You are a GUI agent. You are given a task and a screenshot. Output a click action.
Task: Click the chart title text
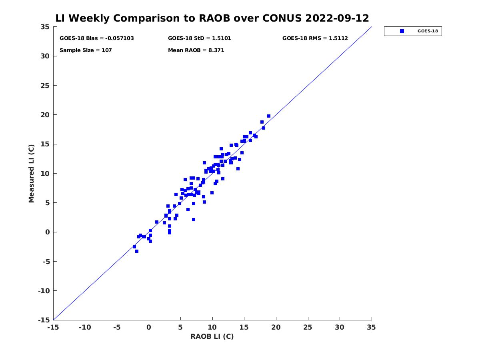tap(212, 18)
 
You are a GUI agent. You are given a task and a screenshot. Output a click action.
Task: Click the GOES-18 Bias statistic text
tap(97, 38)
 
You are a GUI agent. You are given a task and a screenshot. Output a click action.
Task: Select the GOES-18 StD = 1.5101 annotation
tap(200, 38)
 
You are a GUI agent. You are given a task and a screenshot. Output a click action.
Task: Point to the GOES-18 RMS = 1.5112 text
tap(315, 38)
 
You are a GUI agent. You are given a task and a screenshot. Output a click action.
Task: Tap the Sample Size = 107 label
tap(86, 50)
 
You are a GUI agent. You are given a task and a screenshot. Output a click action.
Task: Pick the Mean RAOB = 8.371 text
tap(196, 50)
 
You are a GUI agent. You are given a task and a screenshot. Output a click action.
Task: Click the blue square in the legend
tap(402, 31)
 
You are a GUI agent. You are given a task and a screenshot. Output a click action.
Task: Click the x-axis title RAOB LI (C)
tap(212, 336)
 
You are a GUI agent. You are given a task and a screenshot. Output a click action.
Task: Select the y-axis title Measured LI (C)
tap(31, 173)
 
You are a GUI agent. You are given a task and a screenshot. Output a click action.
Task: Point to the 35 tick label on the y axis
tap(45, 27)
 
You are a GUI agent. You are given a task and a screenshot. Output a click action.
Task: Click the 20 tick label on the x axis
tap(276, 327)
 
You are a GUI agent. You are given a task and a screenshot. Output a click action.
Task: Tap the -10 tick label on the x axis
tap(85, 327)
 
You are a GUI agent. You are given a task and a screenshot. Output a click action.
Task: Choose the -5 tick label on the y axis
tap(46, 262)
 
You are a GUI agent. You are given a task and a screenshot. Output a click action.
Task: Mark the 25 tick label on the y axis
tap(45, 86)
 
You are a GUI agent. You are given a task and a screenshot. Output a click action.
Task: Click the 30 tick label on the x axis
tap(339, 327)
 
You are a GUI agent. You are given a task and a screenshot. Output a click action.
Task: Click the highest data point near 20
tap(269, 116)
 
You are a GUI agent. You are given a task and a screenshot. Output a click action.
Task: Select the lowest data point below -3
tap(137, 251)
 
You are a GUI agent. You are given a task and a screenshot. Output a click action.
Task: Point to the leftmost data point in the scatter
tap(134, 247)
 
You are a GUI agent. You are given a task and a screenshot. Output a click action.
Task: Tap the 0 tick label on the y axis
tap(48, 232)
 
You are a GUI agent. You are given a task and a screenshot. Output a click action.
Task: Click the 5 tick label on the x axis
tap(180, 327)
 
